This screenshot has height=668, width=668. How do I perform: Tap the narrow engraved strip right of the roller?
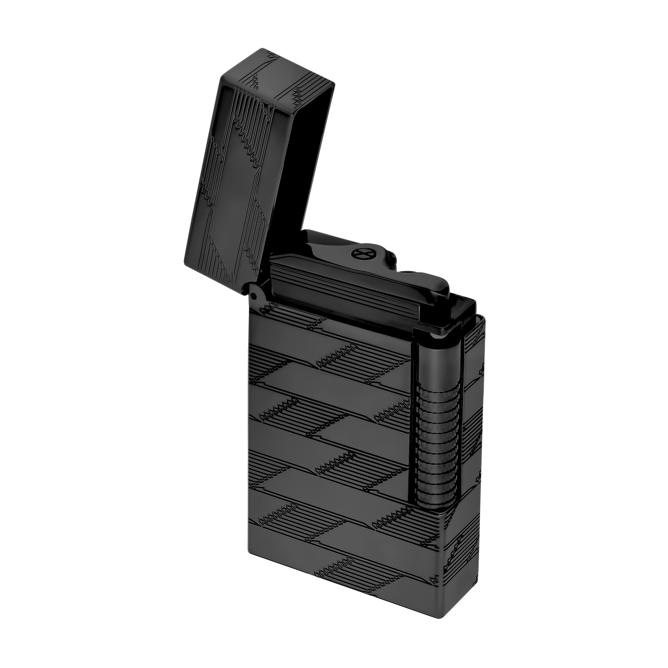(474, 417)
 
